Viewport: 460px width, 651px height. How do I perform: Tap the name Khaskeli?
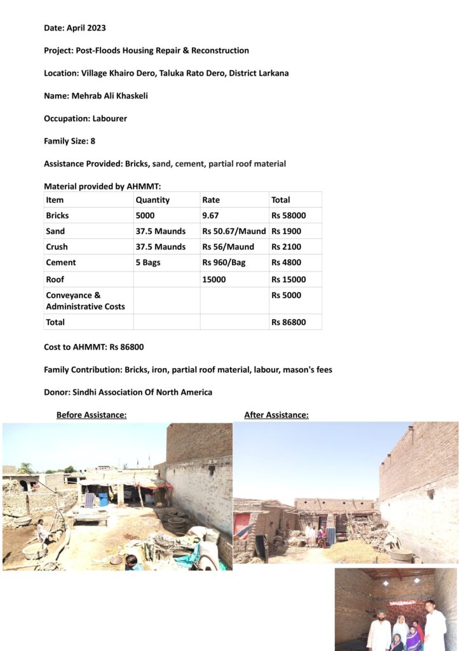[128, 96]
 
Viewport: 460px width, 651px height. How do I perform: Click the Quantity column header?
[152, 200]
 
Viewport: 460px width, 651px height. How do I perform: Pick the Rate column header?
[211, 200]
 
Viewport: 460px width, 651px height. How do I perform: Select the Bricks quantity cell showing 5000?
[145, 216]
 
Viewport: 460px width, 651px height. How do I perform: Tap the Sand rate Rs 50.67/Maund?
[234, 231]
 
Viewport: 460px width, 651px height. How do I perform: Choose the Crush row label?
[57, 247]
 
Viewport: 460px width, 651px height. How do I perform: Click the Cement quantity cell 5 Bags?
[150, 263]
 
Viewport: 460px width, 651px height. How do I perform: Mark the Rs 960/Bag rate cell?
[228, 263]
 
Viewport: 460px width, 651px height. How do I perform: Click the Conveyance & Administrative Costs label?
[85, 301]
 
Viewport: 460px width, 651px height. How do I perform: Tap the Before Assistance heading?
[91, 415]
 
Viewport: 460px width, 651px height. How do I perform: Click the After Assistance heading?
[276, 415]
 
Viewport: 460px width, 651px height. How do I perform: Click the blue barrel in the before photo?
[104, 500]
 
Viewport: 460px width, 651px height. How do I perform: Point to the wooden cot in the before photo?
[91, 516]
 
